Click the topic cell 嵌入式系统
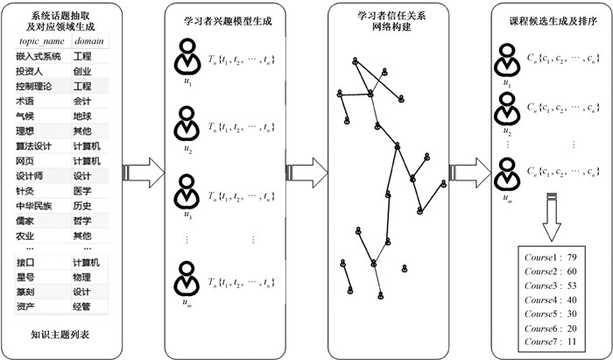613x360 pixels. (35, 56)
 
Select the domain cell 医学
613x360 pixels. (82, 190)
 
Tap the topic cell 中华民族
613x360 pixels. (35, 206)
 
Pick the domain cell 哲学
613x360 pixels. (82, 221)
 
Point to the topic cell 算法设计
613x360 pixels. (35, 145)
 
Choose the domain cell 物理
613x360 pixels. (82, 277)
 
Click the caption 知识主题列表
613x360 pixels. (60, 335)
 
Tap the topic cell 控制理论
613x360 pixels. (35, 87)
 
